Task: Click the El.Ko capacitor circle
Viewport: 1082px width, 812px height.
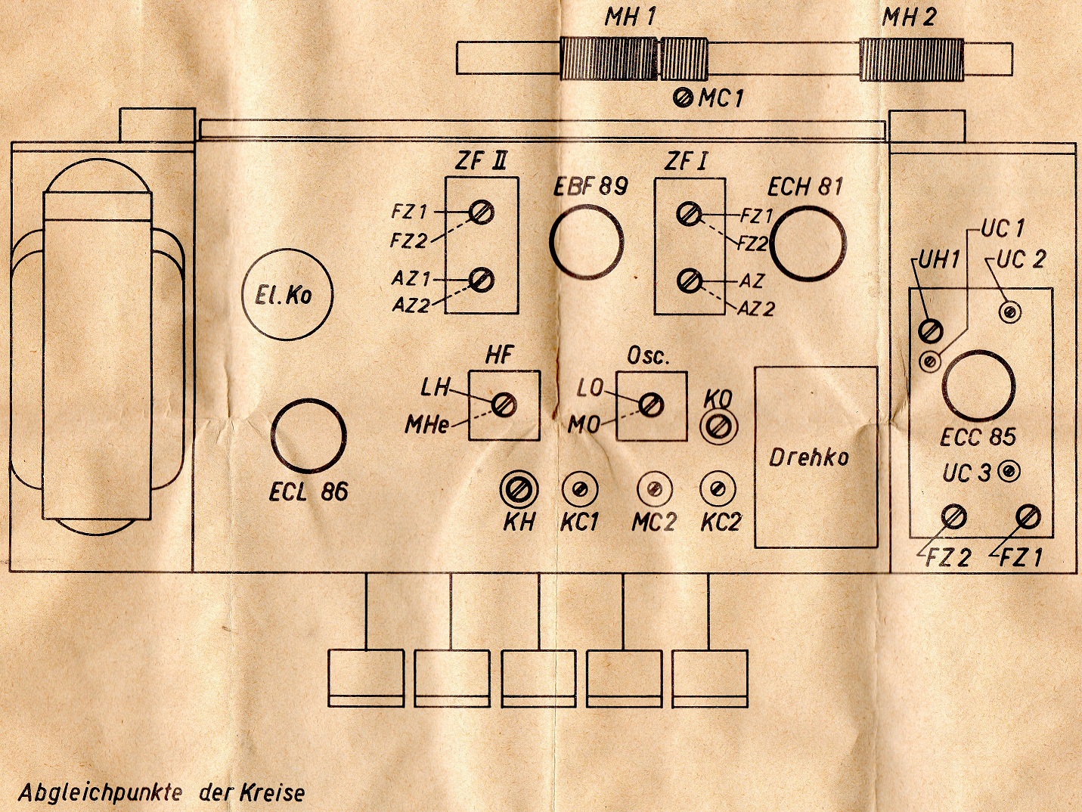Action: (287, 293)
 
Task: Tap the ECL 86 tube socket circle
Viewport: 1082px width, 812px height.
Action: (308, 437)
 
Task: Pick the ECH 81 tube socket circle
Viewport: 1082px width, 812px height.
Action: (807, 244)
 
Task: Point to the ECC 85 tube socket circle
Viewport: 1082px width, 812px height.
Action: (978, 386)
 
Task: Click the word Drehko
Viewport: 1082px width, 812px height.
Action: (808, 457)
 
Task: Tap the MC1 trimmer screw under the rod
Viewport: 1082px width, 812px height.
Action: (683, 98)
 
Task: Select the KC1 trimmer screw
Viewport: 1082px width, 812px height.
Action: (580, 489)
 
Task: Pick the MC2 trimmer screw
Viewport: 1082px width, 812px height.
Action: (655, 489)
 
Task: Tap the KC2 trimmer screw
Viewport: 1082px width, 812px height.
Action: (718, 489)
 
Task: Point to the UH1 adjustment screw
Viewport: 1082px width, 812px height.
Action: (930, 330)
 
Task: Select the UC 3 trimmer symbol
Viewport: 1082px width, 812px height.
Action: (1008, 472)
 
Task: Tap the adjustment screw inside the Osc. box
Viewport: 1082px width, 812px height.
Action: (650, 405)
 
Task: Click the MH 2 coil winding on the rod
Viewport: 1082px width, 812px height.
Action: (912, 60)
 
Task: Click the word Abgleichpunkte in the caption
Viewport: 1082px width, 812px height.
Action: (100, 792)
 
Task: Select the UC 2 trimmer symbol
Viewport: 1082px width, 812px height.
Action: (1010, 311)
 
